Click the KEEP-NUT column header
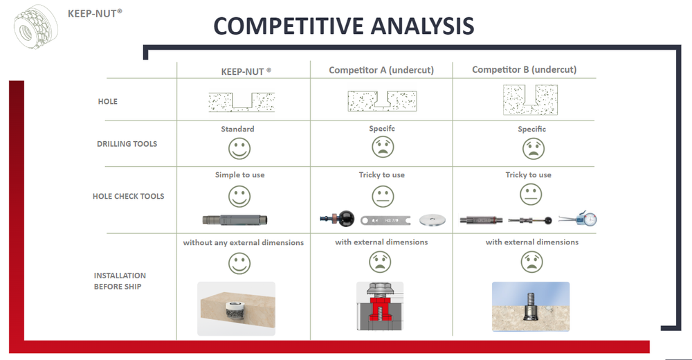(x=246, y=71)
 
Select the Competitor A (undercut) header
(x=381, y=70)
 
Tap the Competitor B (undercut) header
(x=525, y=69)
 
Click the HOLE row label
(x=108, y=101)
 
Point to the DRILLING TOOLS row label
(x=127, y=143)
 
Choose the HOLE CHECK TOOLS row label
(x=129, y=196)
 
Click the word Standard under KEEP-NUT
(x=237, y=129)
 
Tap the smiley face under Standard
(x=239, y=148)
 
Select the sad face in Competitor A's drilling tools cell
(x=383, y=147)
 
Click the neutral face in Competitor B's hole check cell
(x=531, y=195)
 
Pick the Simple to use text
(x=239, y=174)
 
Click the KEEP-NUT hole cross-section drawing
(x=242, y=102)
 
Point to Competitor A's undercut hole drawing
(x=382, y=100)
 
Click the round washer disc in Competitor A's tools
(x=432, y=220)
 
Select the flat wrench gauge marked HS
(x=385, y=220)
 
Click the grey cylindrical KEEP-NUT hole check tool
(x=235, y=219)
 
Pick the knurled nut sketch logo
(x=36, y=26)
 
